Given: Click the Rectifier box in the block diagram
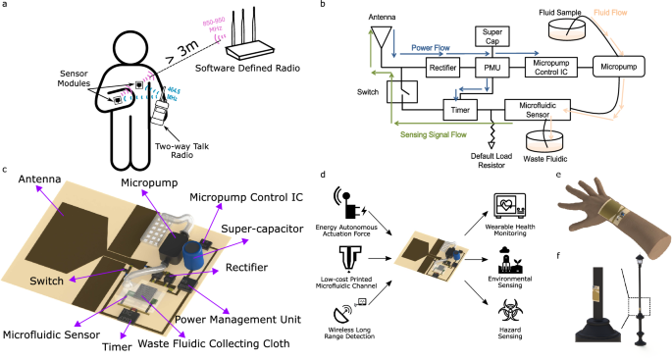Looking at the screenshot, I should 437,68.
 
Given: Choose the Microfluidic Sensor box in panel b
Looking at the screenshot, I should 538,109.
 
